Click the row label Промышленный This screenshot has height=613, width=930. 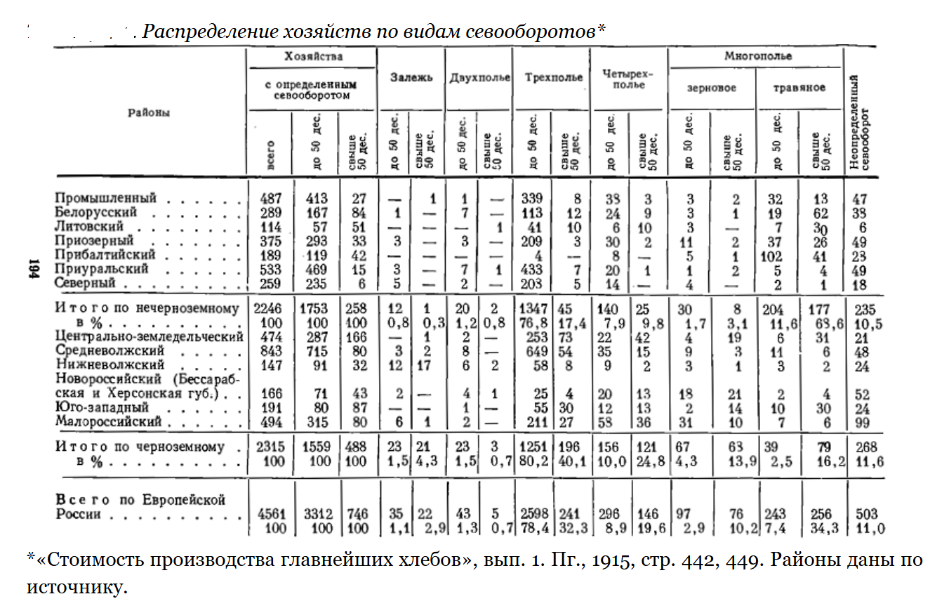106,198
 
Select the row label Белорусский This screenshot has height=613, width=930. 96,212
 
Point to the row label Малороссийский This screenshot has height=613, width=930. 109,421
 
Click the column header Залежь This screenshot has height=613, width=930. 411,77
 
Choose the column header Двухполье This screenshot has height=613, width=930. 479,77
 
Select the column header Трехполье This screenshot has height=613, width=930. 553,77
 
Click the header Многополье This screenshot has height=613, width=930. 757,55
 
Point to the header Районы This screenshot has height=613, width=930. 149,112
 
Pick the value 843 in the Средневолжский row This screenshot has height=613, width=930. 271,350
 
